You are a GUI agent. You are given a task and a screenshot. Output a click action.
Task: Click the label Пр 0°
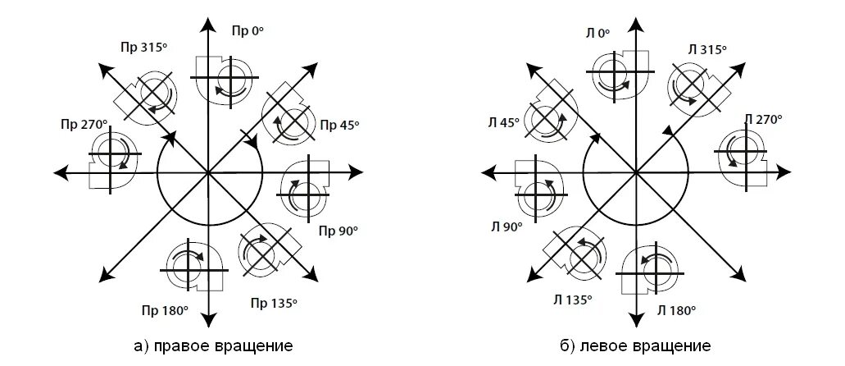pos(248,30)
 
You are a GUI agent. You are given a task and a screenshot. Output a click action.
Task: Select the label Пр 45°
pos(339,125)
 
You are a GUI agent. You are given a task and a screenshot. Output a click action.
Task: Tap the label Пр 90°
pos(338,231)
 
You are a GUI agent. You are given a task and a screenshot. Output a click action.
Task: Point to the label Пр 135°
pos(273,302)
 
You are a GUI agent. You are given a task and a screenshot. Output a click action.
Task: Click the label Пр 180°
pos(169,310)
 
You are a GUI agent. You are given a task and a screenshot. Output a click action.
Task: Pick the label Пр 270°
pos(84,124)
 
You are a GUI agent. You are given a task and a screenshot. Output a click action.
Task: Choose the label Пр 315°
pos(141,47)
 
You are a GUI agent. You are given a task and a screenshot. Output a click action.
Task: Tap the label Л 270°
pos(763,119)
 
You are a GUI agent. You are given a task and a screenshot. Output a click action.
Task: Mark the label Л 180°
pos(676,310)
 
